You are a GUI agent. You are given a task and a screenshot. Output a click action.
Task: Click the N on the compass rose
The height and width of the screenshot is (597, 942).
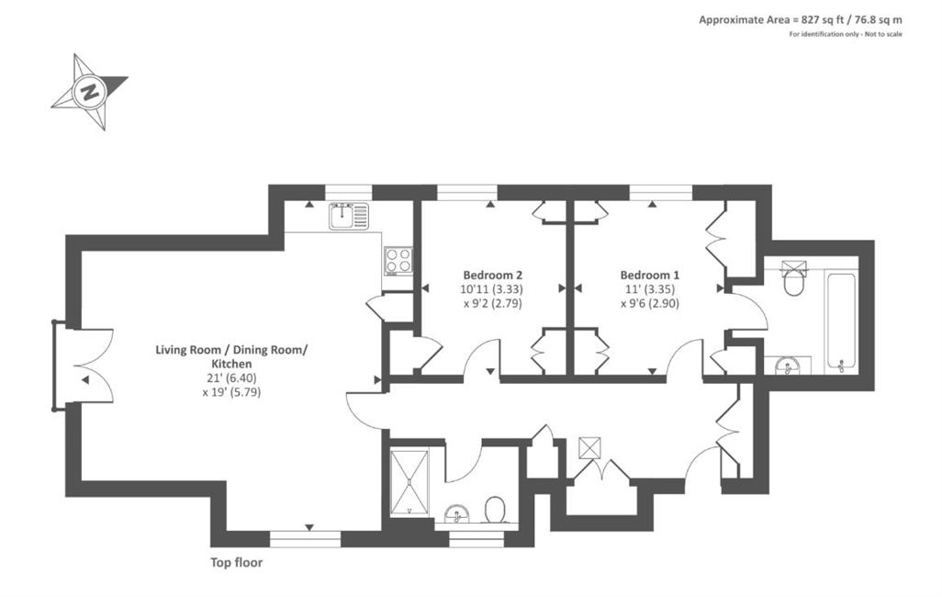(x=91, y=93)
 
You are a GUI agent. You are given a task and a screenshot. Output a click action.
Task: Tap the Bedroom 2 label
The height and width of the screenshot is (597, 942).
(x=493, y=276)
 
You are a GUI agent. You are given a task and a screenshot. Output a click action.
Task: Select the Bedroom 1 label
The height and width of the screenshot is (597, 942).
(x=649, y=276)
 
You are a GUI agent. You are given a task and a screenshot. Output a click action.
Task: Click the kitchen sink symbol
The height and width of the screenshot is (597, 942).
(x=349, y=216)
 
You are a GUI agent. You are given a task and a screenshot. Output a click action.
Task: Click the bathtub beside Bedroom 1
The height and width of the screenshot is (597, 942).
(x=841, y=321)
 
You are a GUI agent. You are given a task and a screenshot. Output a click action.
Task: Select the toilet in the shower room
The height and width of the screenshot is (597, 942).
(x=495, y=510)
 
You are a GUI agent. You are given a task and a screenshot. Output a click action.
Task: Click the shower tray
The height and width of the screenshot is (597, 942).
(x=409, y=483)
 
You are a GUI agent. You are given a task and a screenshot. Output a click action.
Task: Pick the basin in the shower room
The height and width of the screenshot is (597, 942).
(x=458, y=515)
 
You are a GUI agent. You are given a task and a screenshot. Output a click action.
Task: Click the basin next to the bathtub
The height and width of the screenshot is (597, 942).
(x=788, y=366)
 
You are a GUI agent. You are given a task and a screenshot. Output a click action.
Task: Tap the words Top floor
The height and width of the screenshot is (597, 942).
(x=236, y=563)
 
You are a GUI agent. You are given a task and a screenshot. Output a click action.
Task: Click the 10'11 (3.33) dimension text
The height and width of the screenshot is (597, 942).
(x=492, y=289)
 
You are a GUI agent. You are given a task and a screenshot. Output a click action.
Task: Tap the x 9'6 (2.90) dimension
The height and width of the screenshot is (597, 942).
(x=650, y=304)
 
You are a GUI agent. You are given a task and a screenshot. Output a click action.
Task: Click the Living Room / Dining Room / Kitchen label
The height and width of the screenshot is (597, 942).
(x=231, y=356)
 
